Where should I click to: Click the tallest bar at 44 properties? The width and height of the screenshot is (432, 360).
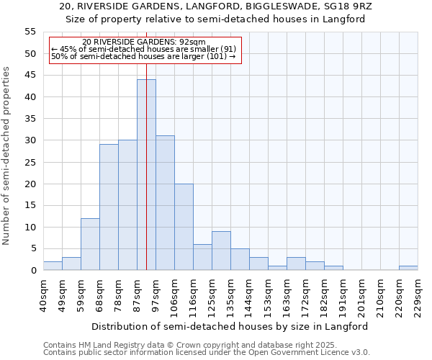pos(146,175)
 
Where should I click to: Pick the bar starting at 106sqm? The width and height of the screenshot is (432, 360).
pos(184,227)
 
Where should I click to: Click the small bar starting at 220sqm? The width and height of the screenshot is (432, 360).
pos(408,268)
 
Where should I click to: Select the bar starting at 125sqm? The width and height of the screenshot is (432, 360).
pos(221,251)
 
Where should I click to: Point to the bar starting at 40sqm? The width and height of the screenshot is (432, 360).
pos(53,266)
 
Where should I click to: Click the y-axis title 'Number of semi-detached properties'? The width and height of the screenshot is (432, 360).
pos(6,156)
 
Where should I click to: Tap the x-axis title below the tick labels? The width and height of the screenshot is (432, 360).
pos(230,326)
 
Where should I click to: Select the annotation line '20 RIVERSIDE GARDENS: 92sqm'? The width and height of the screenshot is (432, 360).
pos(144,42)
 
